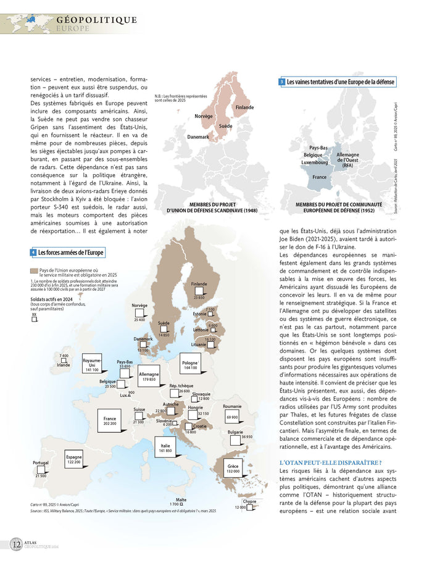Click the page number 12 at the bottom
[x=15, y=544]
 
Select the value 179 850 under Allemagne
[x=149, y=379]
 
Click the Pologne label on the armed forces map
[x=189, y=362]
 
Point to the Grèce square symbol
[x=233, y=469]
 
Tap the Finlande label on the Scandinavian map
[x=244, y=107]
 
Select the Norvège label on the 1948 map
[x=204, y=116]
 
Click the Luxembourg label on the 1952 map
[x=315, y=162]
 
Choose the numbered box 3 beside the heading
[x=281, y=81]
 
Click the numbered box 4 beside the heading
[x=33, y=252]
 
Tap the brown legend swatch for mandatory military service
[x=33, y=270]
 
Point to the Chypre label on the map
[x=249, y=501]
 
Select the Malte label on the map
[x=181, y=499]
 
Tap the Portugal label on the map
[x=41, y=462]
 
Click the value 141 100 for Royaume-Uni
[x=92, y=370]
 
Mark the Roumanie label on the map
[x=232, y=406]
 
